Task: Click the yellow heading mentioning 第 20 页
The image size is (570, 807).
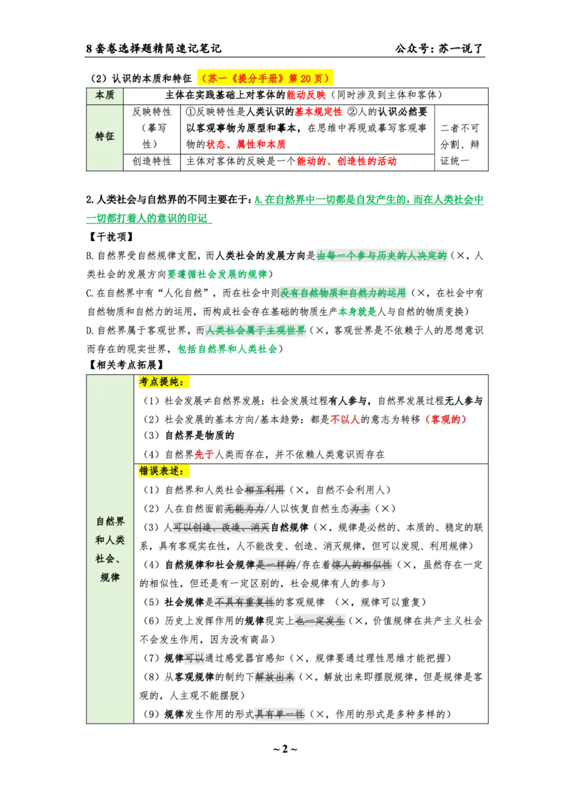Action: (x=265, y=78)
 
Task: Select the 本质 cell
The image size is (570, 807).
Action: (x=105, y=95)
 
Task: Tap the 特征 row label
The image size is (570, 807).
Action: (x=105, y=137)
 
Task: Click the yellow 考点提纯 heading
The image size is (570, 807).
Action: (x=163, y=383)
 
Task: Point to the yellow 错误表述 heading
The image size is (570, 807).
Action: (x=163, y=471)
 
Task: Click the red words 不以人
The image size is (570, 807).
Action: (x=345, y=419)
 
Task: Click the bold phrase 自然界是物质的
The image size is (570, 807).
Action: (x=199, y=436)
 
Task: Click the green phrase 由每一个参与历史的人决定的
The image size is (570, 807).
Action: (x=382, y=256)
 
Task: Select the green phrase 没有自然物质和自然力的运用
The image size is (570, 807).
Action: (x=344, y=293)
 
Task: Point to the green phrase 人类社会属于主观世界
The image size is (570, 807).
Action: (x=255, y=331)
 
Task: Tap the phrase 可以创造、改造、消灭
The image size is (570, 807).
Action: (x=222, y=528)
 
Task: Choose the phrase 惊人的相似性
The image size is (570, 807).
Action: (x=361, y=565)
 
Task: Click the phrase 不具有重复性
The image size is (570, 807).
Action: (x=244, y=602)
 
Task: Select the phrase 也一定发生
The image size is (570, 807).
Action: (x=319, y=621)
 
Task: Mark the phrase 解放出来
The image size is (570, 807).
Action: (x=274, y=677)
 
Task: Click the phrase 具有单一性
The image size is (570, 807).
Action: (x=279, y=714)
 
